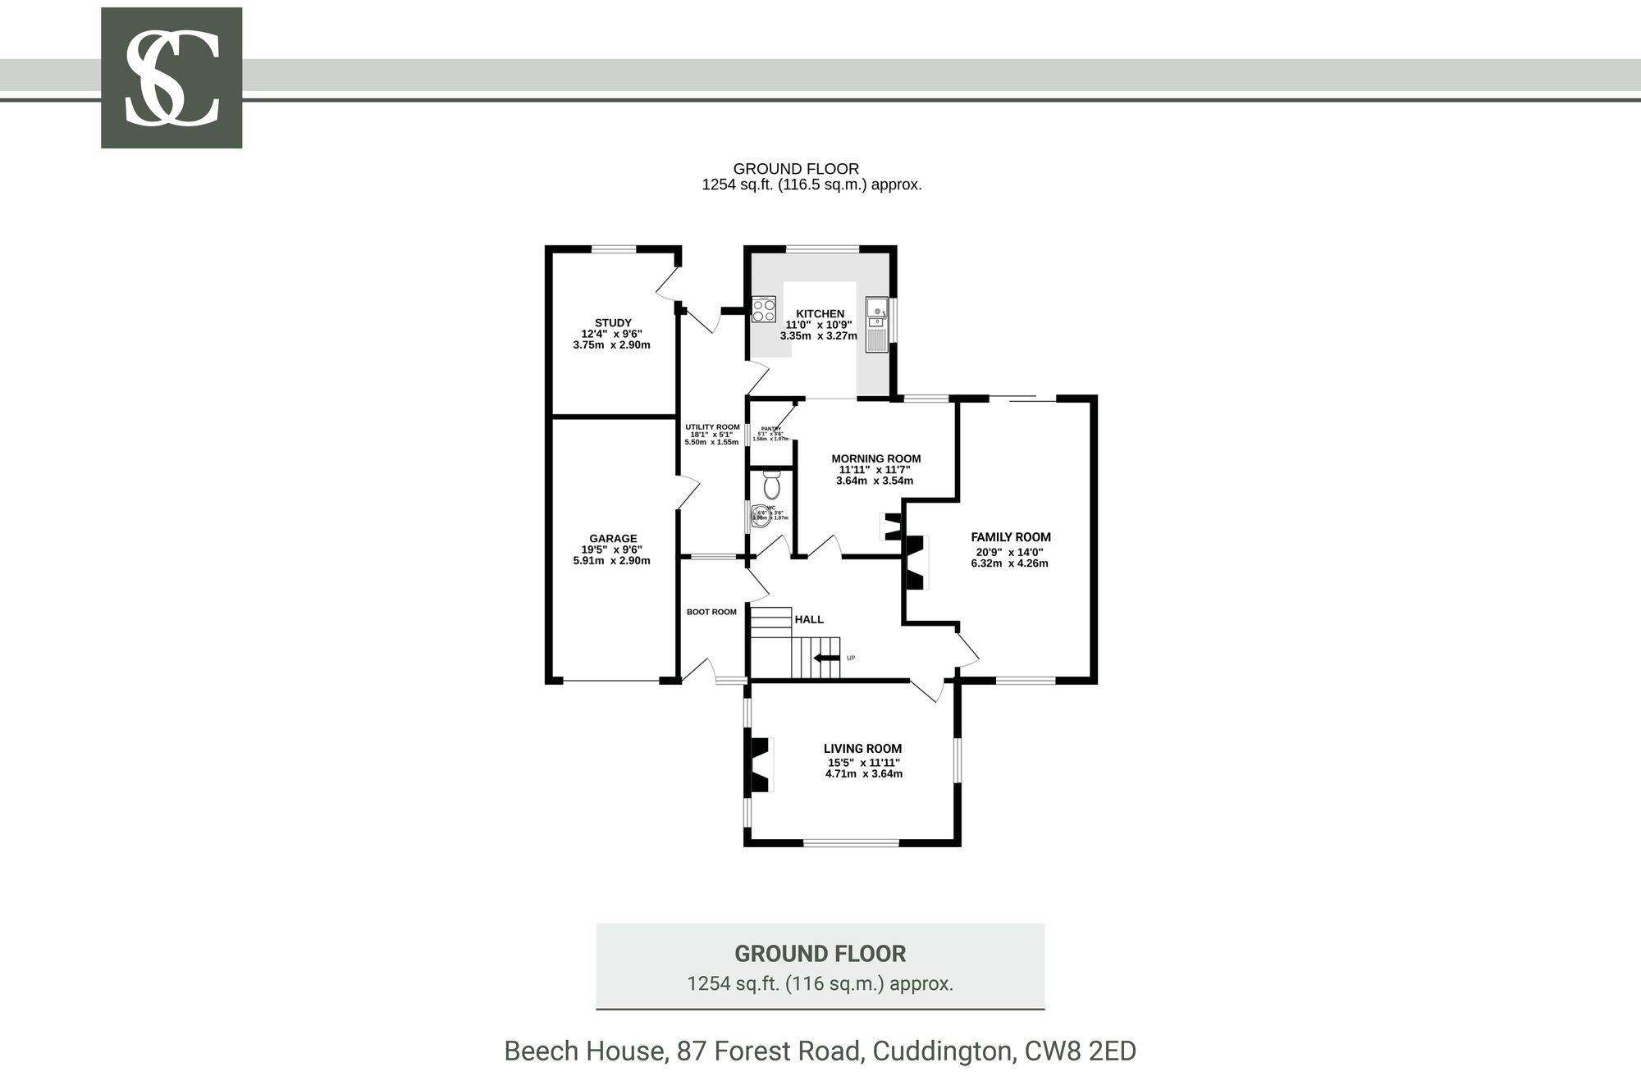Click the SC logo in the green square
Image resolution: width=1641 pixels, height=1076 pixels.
point(171,78)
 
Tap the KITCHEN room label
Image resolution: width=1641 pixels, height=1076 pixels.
point(820,313)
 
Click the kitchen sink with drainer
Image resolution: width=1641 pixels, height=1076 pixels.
point(877,325)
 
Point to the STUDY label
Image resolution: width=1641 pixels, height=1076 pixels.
point(613,322)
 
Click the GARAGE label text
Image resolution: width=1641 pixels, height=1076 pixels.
point(613,539)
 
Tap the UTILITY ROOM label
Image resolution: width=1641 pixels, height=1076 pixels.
point(712,427)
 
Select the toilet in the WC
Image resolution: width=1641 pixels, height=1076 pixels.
point(771,486)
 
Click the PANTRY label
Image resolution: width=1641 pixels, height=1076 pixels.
point(770,428)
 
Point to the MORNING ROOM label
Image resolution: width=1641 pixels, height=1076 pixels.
point(875,458)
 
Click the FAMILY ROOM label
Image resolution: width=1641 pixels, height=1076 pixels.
point(1010,537)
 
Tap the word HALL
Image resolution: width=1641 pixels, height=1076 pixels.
point(809,619)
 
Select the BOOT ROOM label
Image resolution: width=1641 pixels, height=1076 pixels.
point(711,612)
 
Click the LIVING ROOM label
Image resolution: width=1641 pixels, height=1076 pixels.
point(862,748)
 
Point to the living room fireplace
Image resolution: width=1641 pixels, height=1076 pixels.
point(761,765)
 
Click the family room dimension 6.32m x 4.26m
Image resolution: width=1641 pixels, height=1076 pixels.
point(1010,563)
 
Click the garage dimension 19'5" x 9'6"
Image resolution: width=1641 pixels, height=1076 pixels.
point(612,550)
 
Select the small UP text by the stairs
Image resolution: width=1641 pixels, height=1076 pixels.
point(851,658)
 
